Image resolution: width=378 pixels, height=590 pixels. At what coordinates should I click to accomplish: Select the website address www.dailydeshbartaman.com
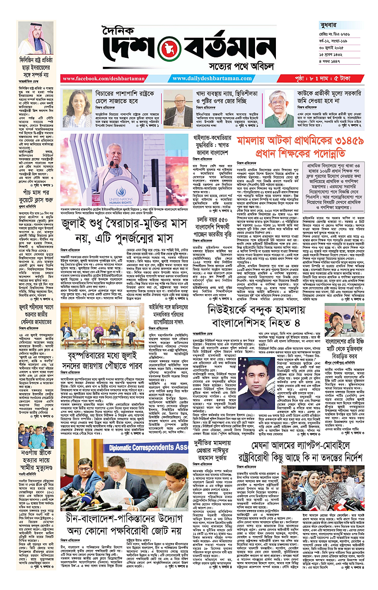(210, 79)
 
